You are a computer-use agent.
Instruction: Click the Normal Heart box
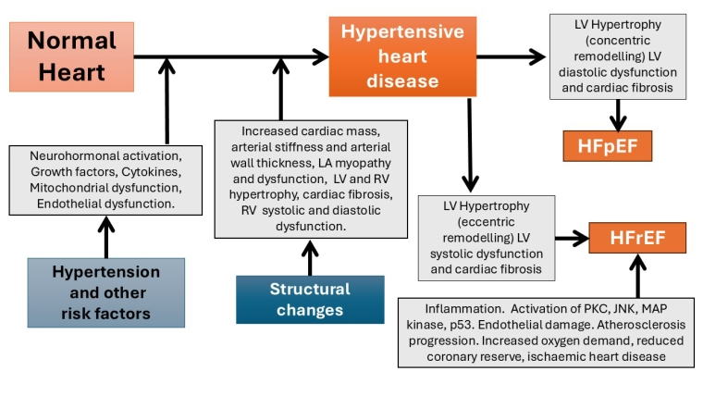(x=71, y=56)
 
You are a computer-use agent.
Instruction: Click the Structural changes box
(x=310, y=299)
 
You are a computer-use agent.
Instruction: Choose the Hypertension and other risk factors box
(x=105, y=293)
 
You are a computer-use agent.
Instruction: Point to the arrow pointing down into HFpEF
(x=618, y=116)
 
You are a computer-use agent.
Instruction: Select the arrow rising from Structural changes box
(x=311, y=256)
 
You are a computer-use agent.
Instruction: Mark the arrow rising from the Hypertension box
(x=106, y=235)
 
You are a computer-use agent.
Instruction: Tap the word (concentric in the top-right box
(x=618, y=42)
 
